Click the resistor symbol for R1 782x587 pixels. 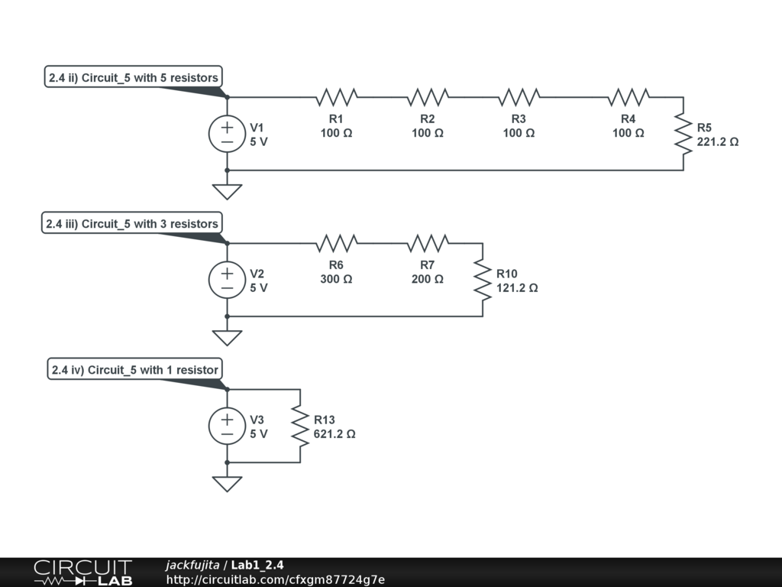click(336, 97)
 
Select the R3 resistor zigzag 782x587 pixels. click(519, 97)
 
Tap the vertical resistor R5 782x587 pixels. click(683, 134)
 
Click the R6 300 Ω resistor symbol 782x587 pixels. click(336, 243)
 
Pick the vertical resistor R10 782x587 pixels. click(482, 280)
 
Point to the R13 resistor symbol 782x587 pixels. click(299, 426)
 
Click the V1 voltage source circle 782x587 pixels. click(227, 134)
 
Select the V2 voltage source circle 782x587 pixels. click(227, 280)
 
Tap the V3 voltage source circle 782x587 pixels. click(227, 426)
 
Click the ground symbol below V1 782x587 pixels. click(227, 190)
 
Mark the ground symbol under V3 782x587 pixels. click(227, 483)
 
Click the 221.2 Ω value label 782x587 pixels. click(718, 142)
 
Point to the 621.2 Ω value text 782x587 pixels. click(334, 434)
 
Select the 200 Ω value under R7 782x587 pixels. click(428, 280)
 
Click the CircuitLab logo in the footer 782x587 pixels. click(82, 572)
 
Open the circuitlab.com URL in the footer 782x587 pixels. click(276, 579)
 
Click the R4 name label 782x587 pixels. click(628, 119)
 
